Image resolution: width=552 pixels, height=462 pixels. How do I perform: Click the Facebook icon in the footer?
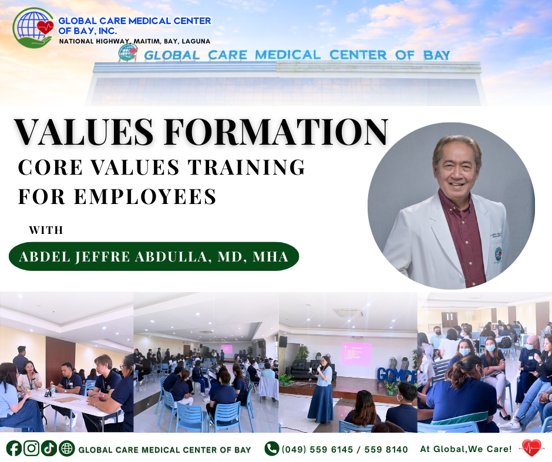click(x=14, y=449)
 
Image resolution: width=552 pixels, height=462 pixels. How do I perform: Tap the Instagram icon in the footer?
click(x=31, y=449)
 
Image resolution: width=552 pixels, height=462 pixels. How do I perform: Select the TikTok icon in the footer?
click(x=49, y=449)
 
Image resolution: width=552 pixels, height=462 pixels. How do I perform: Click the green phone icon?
click(x=272, y=449)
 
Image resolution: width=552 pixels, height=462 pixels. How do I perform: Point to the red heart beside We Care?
click(x=532, y=448)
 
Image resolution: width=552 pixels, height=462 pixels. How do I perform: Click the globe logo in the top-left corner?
click(x=33, y=28)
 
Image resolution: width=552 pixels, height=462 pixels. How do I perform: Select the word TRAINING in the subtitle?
click(x=247, y=167)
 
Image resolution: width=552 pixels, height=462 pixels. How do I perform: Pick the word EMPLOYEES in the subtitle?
click(x=145, y=196)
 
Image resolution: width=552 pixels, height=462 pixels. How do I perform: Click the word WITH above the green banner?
click(x=46, y=230)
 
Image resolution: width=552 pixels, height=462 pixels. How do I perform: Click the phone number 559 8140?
click(x=386, y=449)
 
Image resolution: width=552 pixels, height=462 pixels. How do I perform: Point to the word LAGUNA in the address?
click(x=196, y=41)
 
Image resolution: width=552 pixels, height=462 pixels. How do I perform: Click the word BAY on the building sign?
click(x=436, y=55)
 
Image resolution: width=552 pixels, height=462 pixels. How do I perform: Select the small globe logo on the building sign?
click(x=128, y=53)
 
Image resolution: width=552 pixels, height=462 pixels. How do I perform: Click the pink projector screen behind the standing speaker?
click(x=356, y=354)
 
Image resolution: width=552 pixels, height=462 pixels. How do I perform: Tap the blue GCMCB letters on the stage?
click(x=397, y=375)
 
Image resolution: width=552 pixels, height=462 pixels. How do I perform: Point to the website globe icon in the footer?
click(x=66, y=449)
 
